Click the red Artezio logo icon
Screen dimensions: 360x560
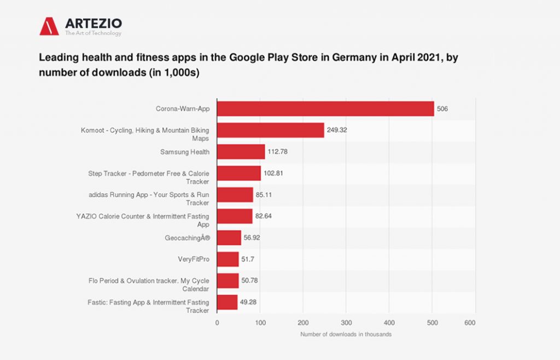tap(49, 26)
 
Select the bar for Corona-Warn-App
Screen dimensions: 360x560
tap(325, 108)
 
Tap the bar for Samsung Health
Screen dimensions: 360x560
tap(241, 152)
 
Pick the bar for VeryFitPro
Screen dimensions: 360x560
tap(228, 259)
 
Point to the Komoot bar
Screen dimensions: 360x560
tap(271, 130)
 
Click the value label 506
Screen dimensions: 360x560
tap(442, 109)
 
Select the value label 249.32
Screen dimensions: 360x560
tap(337, 130)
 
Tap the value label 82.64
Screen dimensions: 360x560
tap(264, 216)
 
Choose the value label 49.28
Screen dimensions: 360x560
tap(249, 302)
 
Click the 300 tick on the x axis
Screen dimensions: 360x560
tap(346, 323)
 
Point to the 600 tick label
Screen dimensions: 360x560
tap(470, 323)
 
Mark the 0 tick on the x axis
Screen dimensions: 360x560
tap(217, 323)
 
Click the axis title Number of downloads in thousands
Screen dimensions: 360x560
tap(346, 334)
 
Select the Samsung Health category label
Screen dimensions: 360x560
tap(185, 152)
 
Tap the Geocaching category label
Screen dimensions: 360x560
tap(187, 238)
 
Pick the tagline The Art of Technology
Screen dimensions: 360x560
tap(93, 33)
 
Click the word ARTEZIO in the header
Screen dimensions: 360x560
tap(93, 23)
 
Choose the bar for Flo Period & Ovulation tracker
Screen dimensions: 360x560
tap(228, 281)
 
